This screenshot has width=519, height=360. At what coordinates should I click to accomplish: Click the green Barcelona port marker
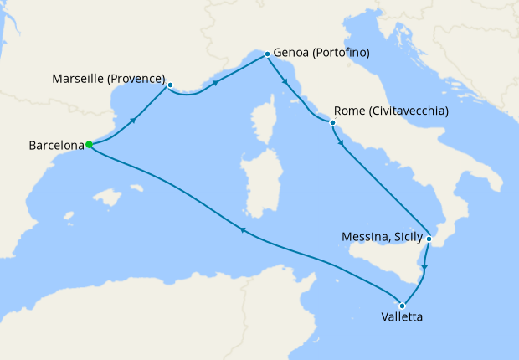89,144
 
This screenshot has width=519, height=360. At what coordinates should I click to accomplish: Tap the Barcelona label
57,145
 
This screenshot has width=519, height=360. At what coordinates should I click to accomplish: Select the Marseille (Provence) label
108,80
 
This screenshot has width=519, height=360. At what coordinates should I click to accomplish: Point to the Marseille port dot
170,85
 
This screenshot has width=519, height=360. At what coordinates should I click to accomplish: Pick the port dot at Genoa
267,54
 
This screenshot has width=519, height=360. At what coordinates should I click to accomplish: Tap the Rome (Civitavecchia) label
391,111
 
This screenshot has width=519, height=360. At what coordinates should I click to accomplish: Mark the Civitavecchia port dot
332,123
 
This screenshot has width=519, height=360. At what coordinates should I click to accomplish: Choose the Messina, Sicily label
383,237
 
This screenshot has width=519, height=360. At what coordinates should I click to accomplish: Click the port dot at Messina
429,239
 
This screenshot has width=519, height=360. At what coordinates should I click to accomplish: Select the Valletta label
401,318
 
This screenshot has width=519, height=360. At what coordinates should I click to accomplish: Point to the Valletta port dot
403,306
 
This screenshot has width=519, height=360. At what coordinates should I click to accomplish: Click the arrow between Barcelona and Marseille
133,121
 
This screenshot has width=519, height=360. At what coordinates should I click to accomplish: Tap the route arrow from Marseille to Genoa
217,83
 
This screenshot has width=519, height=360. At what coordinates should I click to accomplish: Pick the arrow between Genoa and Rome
287,82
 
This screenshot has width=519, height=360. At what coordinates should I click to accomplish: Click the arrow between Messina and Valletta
424,268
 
